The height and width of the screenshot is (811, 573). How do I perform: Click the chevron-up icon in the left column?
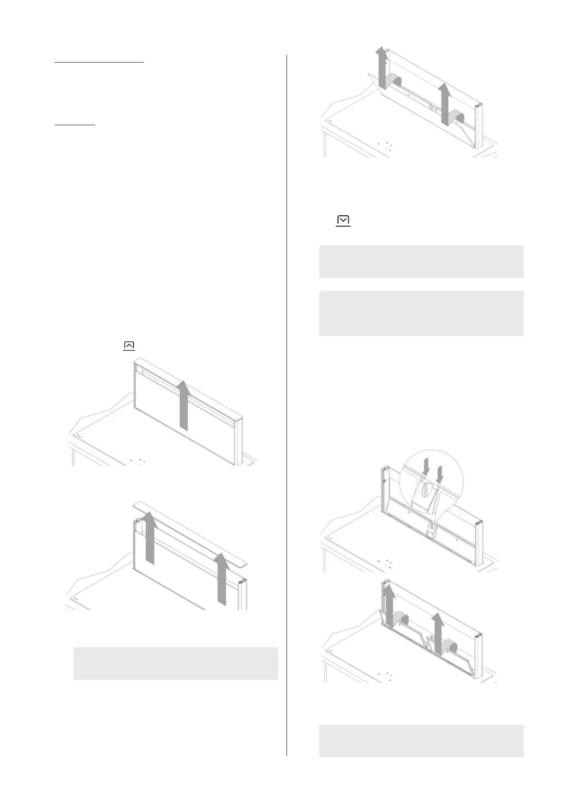pos(129,345)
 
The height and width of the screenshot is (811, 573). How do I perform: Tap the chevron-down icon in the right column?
pos(343,221)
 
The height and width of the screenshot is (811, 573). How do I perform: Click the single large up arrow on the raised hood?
pos(182,404)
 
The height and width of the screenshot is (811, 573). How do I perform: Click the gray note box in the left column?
pos(176,664)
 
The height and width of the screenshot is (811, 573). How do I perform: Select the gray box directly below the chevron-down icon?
pos(421,262)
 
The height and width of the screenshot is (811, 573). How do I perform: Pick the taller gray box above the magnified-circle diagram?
pos(421,313)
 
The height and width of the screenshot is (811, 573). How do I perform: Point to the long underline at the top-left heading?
pos(99,63)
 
